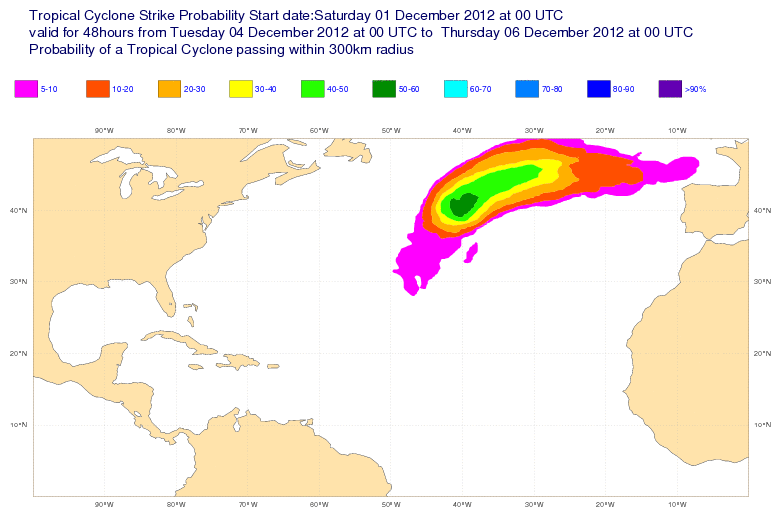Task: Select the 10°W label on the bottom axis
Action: click(677, 504)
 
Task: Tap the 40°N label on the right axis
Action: click(763, 210)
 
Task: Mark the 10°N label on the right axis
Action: click(763, 425)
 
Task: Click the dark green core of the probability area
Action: click(462, 206)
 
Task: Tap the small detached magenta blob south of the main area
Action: click(471, 252)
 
